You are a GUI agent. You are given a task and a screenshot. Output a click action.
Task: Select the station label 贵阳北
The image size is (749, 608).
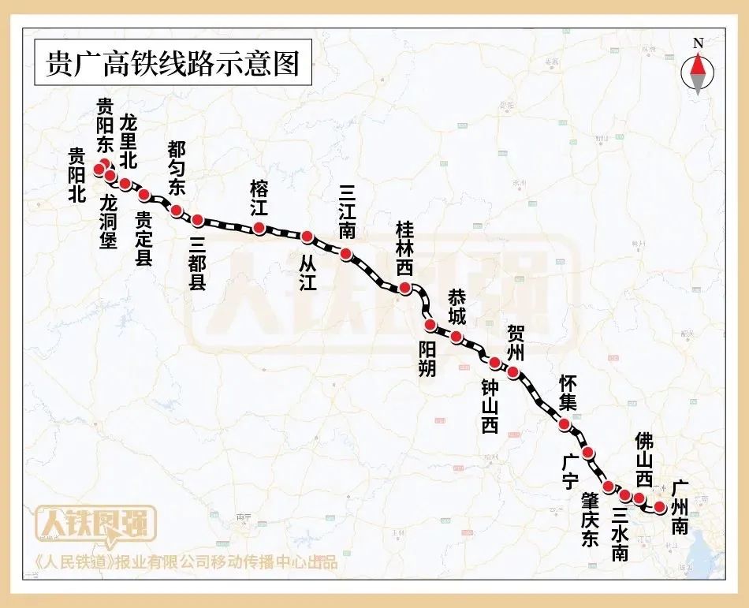click(76, 176)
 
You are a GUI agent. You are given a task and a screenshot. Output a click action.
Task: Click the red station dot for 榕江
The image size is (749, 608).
click(259, 229)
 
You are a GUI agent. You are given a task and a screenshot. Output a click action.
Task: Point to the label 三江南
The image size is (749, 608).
click(346, 212)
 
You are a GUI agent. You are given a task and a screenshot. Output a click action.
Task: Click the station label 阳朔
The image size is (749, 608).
click(427, 358)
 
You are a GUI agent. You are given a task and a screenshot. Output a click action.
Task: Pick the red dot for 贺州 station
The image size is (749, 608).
click(513, 372)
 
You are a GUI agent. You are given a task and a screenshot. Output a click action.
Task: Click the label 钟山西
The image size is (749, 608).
click(490, 406)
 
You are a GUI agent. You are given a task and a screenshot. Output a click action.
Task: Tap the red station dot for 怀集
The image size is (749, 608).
click(565, 424)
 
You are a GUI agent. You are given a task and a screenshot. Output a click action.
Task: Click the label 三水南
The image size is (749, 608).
click(620, 533)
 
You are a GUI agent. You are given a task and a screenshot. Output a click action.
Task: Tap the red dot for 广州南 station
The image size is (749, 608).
click(660, 507)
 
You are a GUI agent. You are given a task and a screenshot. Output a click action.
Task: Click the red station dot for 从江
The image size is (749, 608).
click(307, 236)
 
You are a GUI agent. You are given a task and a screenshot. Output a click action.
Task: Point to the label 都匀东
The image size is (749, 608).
click(177, 167)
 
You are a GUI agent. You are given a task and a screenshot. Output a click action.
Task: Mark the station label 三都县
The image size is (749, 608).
click(198, 261)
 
